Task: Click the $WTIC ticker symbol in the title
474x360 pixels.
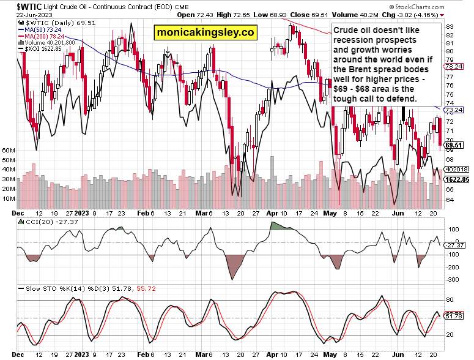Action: [x=15, y=5]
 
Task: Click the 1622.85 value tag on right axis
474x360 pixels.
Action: [x=457, y=180]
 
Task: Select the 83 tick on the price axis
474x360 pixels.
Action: [x=449, y=26]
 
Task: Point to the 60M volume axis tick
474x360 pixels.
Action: [x=9, y=150]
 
